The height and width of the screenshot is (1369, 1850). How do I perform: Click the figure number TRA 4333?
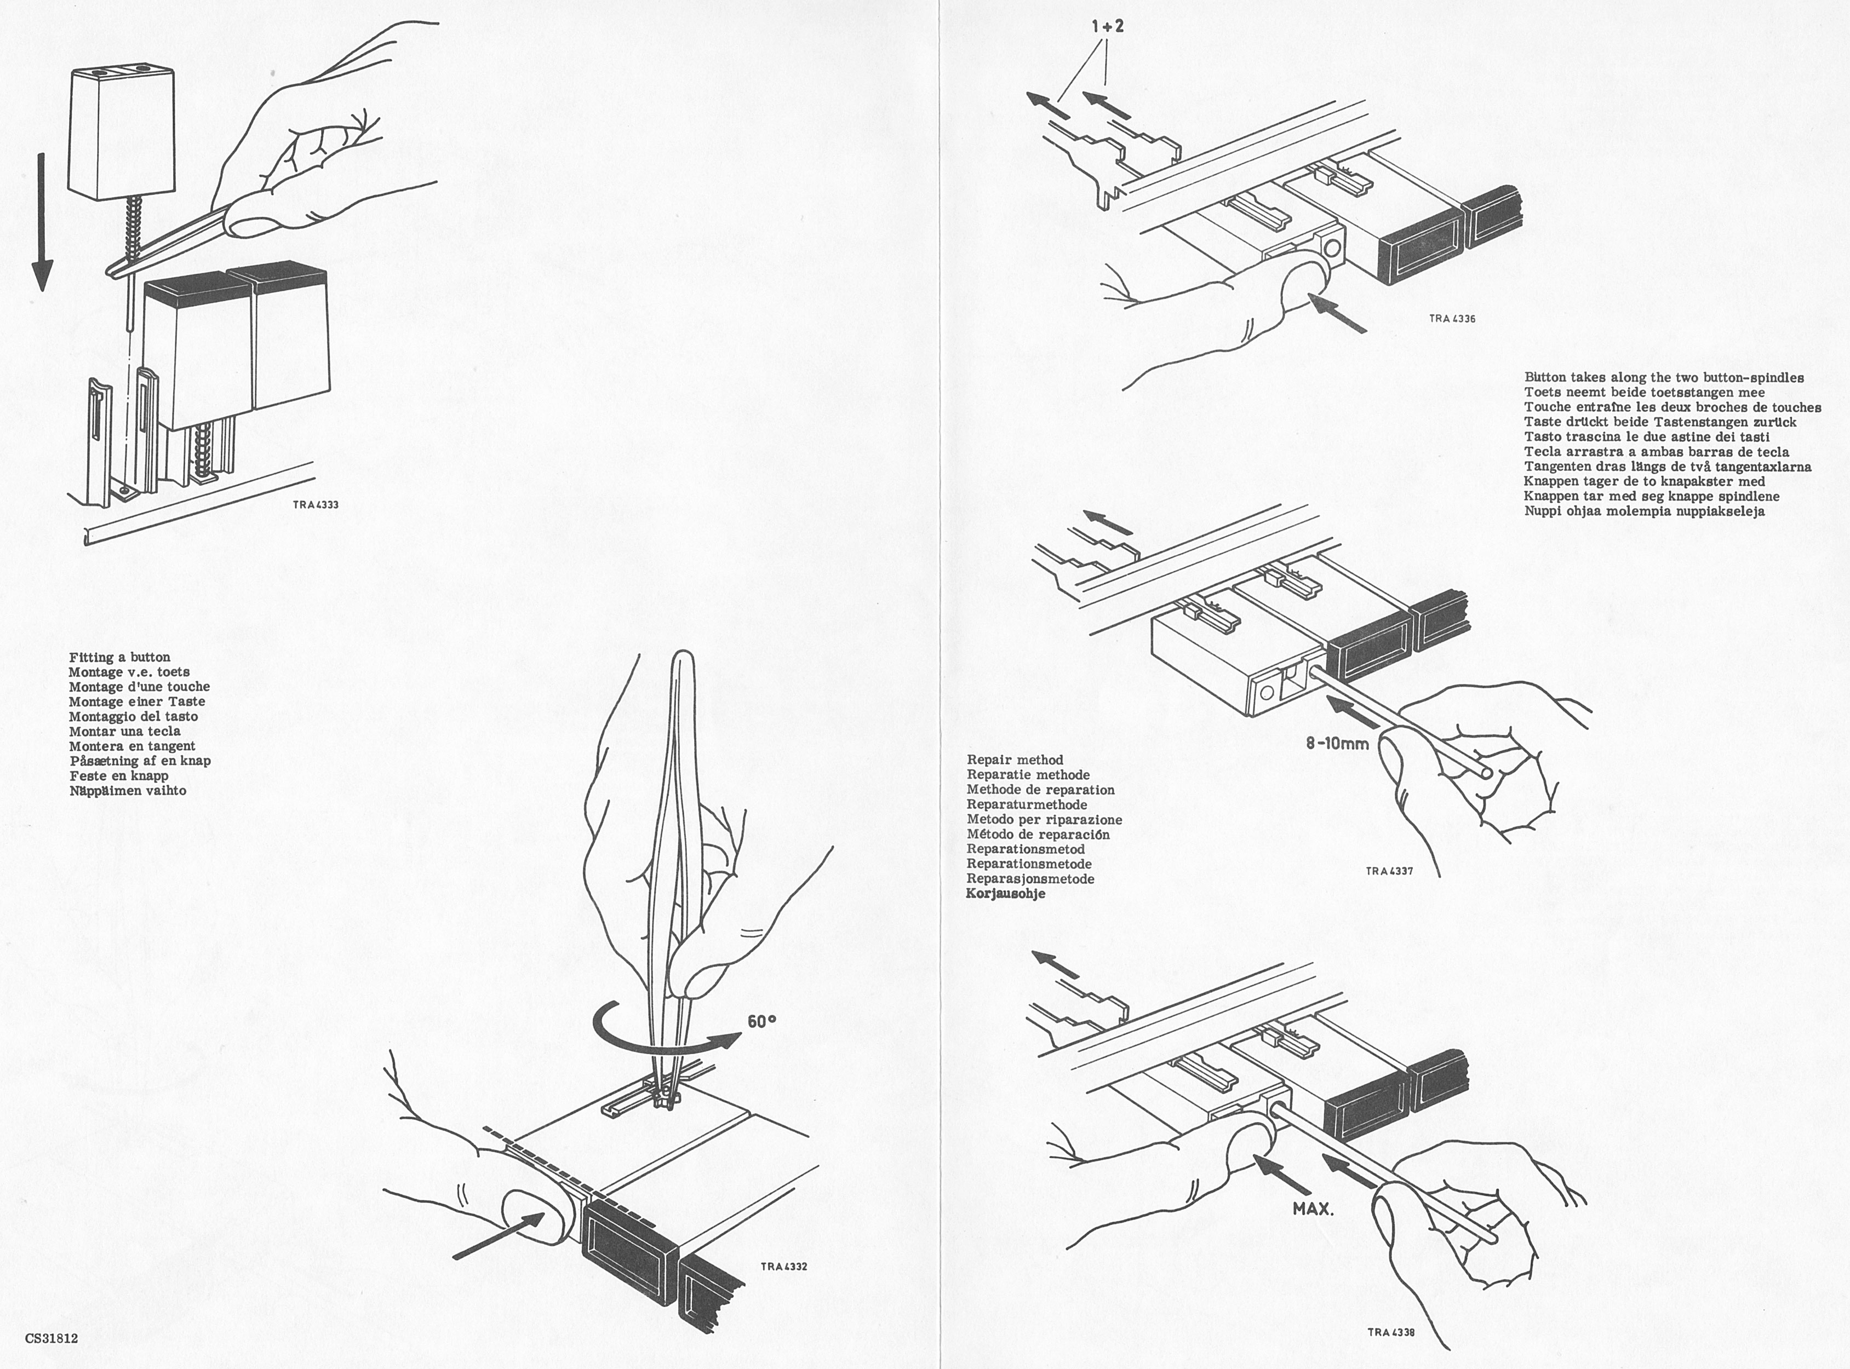coord(316,505)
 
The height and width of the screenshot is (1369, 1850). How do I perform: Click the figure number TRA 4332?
coord(783,1266)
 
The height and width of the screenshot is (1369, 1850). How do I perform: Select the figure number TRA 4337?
coord(1389,871)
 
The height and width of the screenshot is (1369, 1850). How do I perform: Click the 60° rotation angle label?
coord(761,1022)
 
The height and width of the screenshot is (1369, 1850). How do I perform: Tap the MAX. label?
coord(1313,1209)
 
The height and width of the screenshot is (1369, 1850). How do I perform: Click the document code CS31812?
coord(51,1337)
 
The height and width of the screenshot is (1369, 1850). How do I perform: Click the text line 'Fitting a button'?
coord(119,657)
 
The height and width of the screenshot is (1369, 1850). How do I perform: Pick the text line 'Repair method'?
coord(1015,760)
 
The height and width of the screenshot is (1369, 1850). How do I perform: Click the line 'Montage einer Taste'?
coord(137,702)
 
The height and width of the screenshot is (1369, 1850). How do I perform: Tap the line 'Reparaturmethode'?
coord(1026,804)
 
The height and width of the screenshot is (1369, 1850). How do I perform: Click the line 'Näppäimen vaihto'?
coord(128,791)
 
